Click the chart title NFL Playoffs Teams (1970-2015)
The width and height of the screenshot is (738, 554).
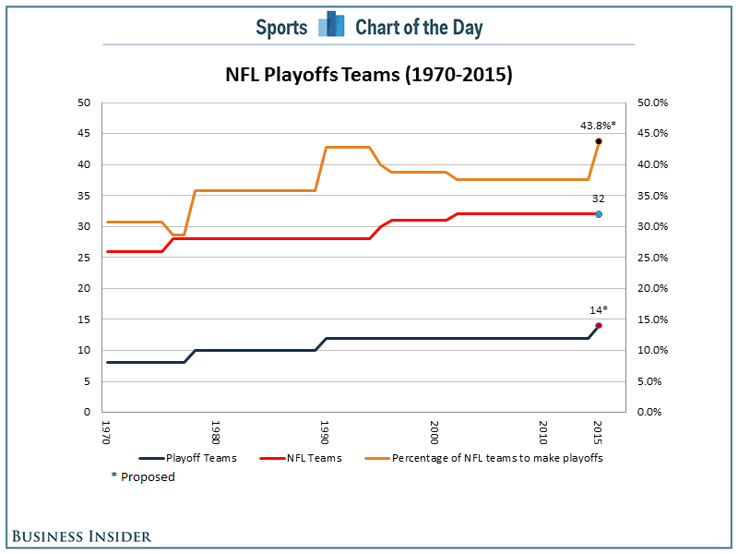click(368, 75)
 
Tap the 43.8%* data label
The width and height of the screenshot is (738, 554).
click(598, 126)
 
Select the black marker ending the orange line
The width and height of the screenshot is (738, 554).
click(599, 141)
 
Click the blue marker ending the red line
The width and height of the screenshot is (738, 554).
click(599, 214)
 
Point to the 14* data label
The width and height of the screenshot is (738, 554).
click(599, 310)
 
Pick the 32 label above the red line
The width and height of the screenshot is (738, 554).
click(598, 199)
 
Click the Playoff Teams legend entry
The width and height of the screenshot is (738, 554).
click(188, 458)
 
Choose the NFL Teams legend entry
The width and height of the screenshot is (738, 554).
click(301, 458)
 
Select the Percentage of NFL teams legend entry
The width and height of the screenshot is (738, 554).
click(483, 458)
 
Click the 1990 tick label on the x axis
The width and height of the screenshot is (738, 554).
click(324, 432)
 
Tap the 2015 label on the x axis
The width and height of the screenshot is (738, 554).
click(598, 432)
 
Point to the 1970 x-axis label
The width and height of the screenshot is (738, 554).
click(106, 432)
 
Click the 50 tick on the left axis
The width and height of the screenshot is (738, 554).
click(84, 102)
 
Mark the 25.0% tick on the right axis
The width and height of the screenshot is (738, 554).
click(652, 258)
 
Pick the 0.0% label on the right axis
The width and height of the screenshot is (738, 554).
click(649, 412)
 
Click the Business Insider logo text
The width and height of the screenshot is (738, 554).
click(81, 536)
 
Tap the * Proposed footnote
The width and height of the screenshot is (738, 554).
click(143, 476)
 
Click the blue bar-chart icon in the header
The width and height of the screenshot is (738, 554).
click(331, 24)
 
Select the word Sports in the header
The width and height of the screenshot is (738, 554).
click(281, 28)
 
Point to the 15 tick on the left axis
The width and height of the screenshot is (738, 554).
click(84, 319)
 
